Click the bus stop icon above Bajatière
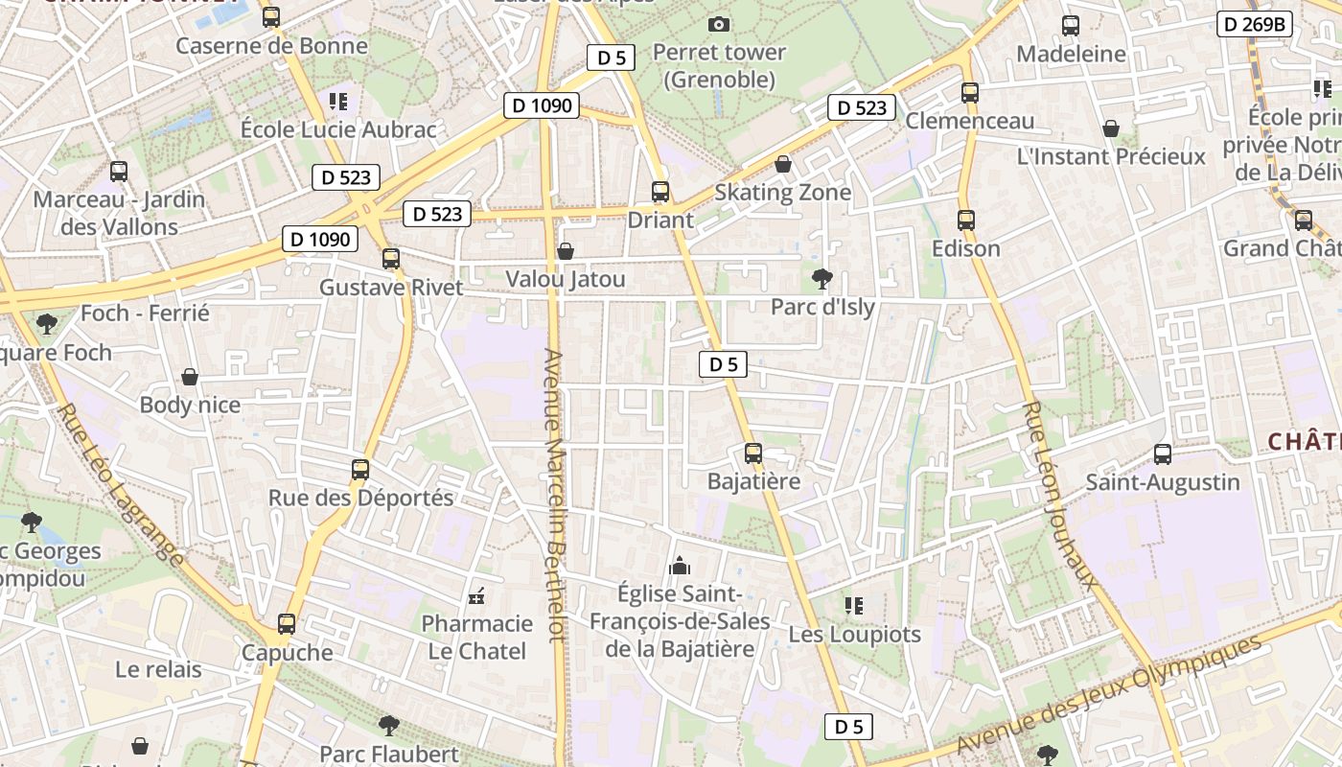click(753, 453)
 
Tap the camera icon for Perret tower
click(719, 24)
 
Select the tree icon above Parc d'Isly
click(821, 279)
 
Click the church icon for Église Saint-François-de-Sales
click(680, 566)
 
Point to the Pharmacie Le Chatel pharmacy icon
click(476, 596)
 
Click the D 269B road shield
click(1255, 24)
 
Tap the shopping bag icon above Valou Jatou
click(566, 251)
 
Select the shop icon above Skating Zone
click(783, 164)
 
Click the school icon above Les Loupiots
click(853, 605)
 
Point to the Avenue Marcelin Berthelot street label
click(555, 494)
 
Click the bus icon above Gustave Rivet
click(390, 258)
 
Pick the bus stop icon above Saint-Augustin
click(1163, 453)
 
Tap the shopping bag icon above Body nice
click(190, 377)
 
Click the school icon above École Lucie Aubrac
click(338, 101)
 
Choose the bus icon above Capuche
click(286, 624)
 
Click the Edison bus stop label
click(966, 249)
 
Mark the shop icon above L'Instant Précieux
click(1111, 128)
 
